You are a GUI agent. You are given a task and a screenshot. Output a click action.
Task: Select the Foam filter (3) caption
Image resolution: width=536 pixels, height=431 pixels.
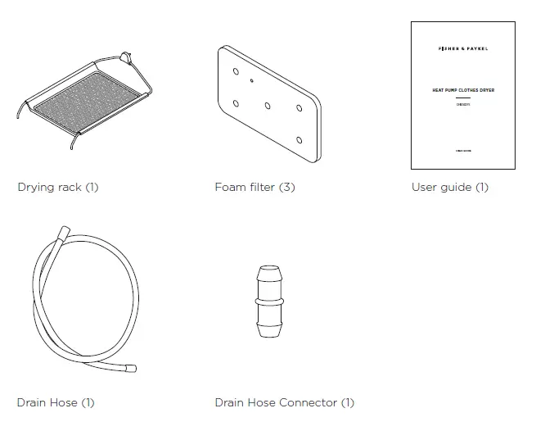point(254,187)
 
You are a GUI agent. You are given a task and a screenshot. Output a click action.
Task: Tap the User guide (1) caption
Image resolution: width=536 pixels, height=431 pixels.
point(449,187)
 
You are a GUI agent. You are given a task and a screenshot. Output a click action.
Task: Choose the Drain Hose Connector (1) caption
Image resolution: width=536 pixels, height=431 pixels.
point(284,402)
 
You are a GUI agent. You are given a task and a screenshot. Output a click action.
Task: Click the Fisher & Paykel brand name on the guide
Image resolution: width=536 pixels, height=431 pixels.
point(462,50)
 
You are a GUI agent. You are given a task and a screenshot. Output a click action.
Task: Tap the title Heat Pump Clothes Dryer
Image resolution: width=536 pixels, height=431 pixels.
point(462,90)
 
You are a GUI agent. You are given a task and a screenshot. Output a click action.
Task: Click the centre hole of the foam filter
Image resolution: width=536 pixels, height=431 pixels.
point(268,105)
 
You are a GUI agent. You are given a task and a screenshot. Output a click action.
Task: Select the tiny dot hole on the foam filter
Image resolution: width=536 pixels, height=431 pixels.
point(252,82)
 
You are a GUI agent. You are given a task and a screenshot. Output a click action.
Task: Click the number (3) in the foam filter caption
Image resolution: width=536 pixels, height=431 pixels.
point(286,187)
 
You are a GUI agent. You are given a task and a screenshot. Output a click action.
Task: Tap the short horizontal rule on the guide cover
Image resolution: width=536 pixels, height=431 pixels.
point(462,98)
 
